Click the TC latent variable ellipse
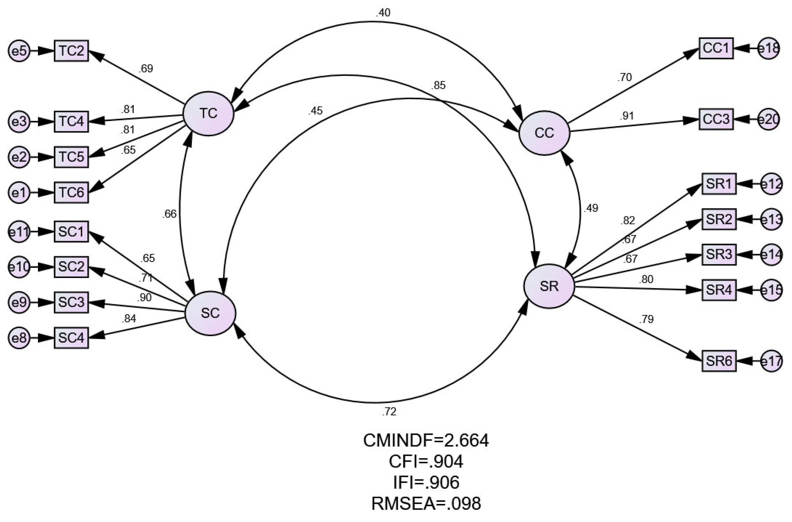coord(209,114)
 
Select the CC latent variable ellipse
coord(545,133)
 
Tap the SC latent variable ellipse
coord(210,313)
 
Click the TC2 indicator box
coord(71,51)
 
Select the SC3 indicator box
coord(71,302)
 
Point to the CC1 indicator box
coord(716,48)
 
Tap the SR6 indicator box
coord(719,361)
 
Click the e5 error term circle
coord(19,51)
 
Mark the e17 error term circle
coord(771,361)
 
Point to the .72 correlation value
coord(389,412)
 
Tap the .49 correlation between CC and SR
coord(591,208)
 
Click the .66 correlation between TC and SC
coord(169,214)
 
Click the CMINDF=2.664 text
coord(426,440)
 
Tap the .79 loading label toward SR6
coord(646,319)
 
